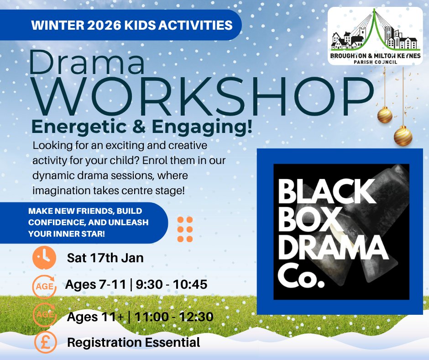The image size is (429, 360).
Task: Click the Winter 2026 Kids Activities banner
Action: [131, 25]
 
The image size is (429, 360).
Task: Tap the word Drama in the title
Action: [87, 63]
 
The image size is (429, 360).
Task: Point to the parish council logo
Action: [375, 37]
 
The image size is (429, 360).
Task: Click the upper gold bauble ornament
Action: [385, 115]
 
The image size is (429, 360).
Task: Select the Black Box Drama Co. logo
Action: [340, 232]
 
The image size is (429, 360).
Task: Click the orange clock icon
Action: [44, 258]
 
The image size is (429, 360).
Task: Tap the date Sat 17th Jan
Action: [105, 258]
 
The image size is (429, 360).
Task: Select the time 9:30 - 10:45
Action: [172, 285]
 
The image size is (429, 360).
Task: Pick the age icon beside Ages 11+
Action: [45, 315]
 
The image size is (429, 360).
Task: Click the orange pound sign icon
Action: [45, 342]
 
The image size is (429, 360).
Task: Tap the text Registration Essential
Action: [133, 342]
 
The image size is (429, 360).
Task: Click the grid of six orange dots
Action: [185, 229]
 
